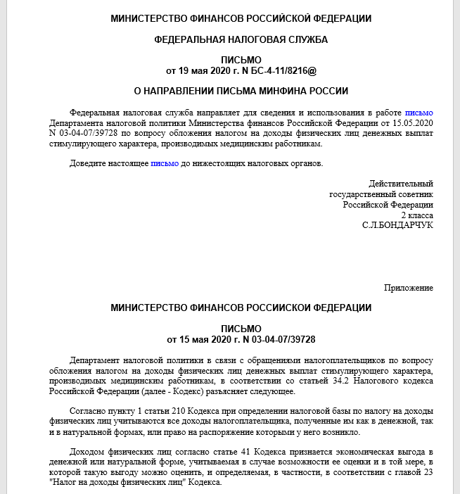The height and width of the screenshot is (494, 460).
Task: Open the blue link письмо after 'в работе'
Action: tap(419, 113)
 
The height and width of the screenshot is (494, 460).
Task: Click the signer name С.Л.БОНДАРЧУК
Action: tap(397, 224)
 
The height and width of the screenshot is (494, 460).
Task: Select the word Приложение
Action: tap(409, 288)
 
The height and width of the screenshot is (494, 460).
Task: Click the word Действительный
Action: tap(401, 184)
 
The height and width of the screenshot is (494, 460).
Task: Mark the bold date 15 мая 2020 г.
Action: tap(205, 339)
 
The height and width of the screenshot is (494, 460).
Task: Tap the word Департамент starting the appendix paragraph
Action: tap(97, 360)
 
